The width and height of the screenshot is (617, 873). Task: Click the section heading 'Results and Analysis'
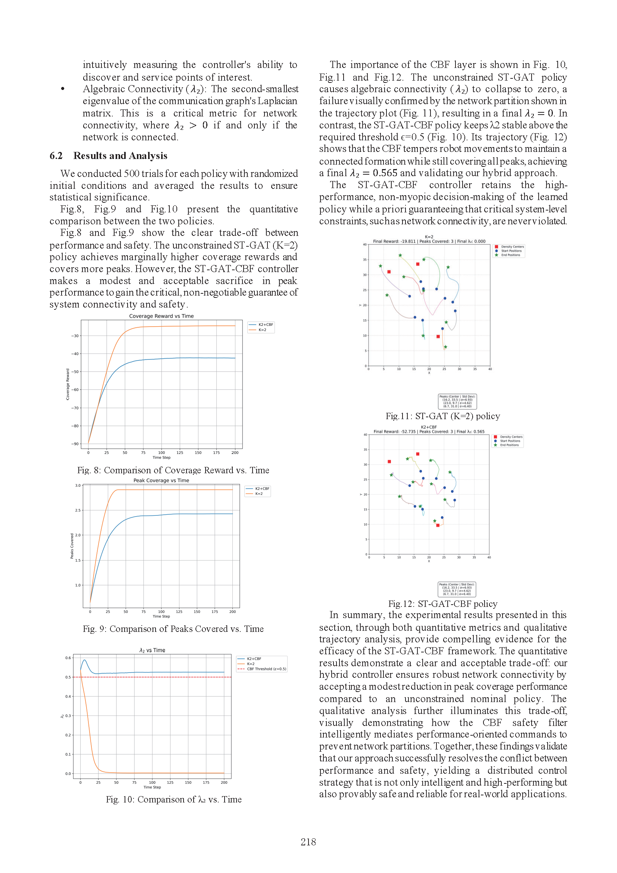(120, 156)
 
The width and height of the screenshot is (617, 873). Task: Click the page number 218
(308, 842)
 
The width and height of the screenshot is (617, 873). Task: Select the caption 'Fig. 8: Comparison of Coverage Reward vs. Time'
(173, 470)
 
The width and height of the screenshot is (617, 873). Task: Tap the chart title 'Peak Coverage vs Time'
(161, 480)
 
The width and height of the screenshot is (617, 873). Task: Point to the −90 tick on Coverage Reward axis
(75, 444)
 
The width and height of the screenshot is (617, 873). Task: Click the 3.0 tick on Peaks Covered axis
(78, 486)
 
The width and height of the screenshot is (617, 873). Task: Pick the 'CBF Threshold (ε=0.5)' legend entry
(266, 669)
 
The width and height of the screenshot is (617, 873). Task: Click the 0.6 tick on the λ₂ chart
(68, 658)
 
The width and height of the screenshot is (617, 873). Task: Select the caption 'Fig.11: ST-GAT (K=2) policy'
(443, 416)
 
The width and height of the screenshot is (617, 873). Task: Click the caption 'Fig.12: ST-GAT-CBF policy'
(443, 604)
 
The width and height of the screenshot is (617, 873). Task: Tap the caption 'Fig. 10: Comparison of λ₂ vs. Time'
(173, 799)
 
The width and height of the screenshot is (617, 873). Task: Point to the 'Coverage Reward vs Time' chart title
(162, 316)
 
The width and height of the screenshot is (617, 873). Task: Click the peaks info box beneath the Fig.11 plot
(457, 401)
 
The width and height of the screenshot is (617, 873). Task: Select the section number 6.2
(56, 156)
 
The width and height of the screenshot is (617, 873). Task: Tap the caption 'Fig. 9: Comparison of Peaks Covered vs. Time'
(173, 629)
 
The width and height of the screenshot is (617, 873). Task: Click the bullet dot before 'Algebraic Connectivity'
(63, 89)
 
